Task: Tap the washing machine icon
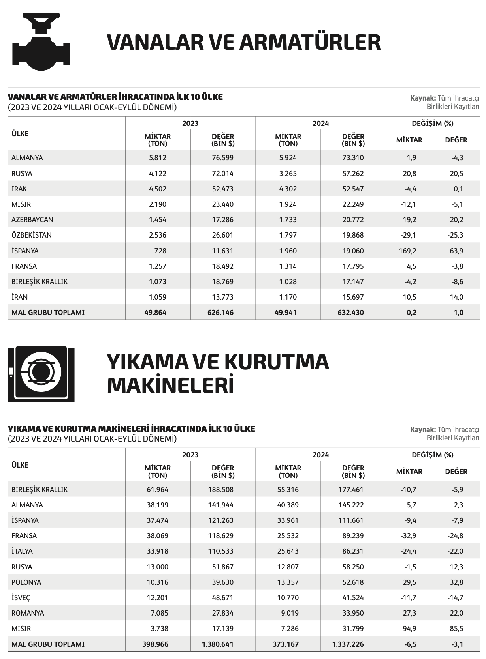click(x=41, y=374)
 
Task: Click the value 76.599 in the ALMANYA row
click(x=222, y=158)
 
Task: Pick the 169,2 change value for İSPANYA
click(x=409, y=251)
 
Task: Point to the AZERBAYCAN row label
click(x=32, y=220)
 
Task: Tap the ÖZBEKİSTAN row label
click(x=32, y=235)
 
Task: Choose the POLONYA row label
click(x=26, y=582)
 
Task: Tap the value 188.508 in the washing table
click(x=220, y=490)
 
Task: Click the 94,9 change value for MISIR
click(x=409, y=629)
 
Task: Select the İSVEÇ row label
click(x=21, y=598)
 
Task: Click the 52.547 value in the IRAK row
click(x=353, y=189)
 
